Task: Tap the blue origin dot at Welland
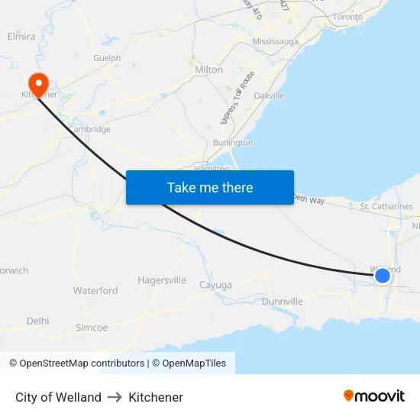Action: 383,275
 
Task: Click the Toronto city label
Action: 348,16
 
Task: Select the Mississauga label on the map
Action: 275,41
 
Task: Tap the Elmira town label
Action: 21,36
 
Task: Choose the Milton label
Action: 209,69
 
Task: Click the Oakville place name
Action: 269,95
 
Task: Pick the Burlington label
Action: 233,143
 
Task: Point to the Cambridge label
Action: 90,129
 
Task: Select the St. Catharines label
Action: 386,206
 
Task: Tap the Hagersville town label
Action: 162,280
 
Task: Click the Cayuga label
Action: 215,285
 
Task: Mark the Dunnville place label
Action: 283,302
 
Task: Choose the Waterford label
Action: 95,290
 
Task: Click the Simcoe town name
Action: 92,328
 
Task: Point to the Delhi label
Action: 37,321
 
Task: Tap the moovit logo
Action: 374,396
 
